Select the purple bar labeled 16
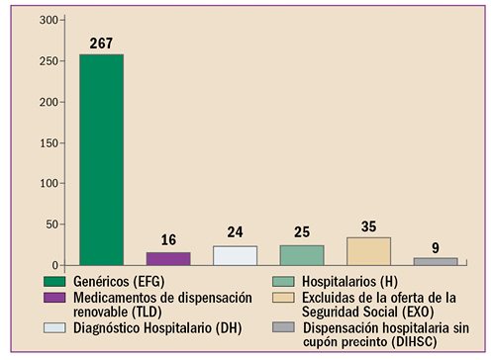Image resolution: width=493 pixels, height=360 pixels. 168,259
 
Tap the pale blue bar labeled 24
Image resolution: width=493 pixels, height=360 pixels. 235,255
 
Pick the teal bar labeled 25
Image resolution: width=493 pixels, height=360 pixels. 301,255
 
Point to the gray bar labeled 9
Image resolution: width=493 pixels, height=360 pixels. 435,261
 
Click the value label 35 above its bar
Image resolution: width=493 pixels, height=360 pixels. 367,226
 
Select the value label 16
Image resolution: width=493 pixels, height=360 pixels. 168,240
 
